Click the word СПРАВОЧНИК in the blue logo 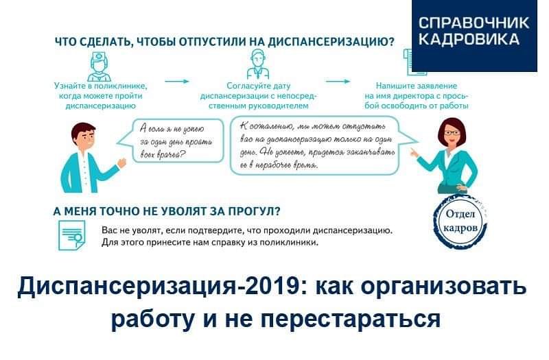[474, 23]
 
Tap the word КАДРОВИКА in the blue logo [469, 38]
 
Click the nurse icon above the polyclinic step [99, 67]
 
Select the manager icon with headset [258, 64]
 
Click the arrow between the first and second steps [177, 82]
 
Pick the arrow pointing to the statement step [338, 82]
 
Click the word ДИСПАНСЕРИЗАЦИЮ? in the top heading [331, 42]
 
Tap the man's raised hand [122, 163]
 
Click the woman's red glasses [452, 133]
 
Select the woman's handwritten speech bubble [323, 145]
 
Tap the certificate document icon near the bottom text [71, 235]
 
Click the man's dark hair [82, 130]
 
